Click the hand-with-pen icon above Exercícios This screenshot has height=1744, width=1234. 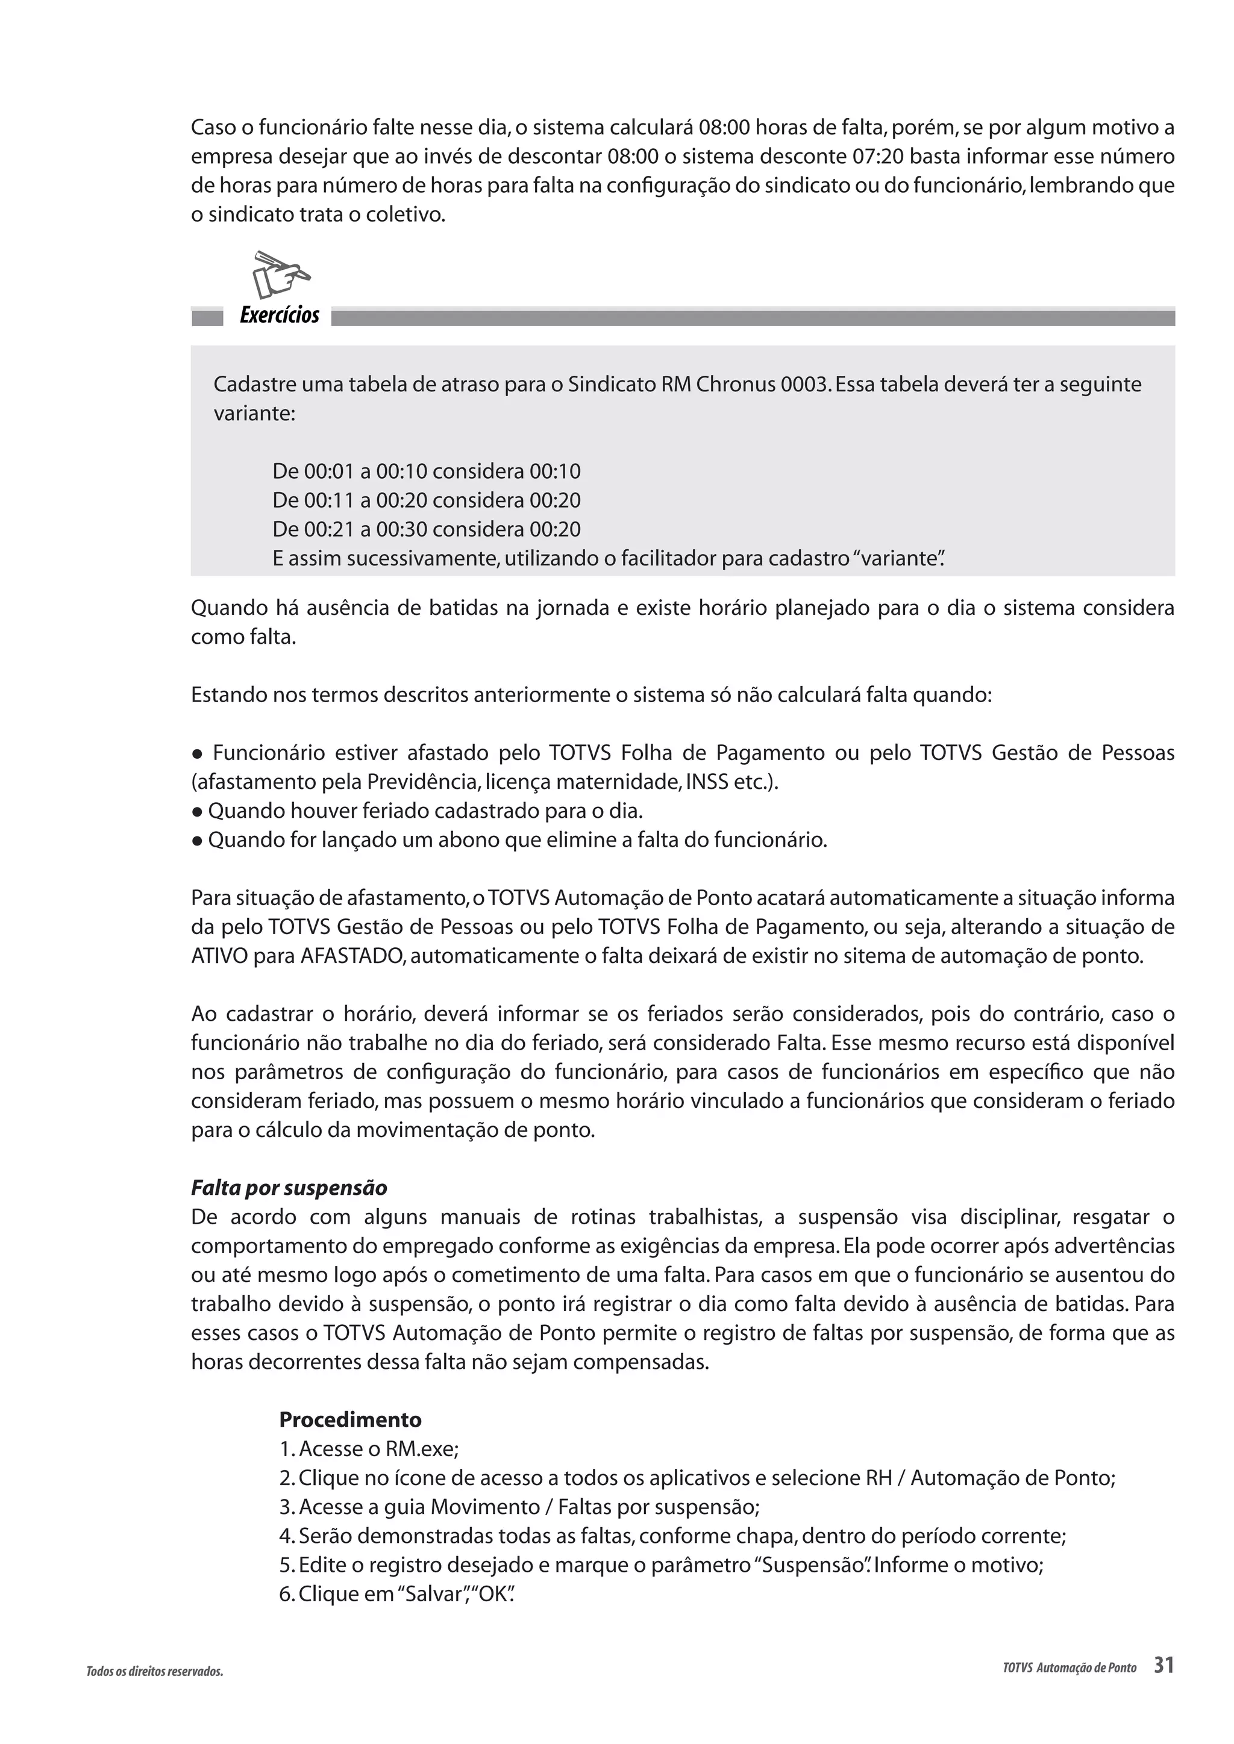tap(280, 274)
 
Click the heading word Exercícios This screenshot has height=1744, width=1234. tap(279, 315)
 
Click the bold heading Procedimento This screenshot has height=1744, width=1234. tap(349, 1419)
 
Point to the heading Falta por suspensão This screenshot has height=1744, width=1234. tap(289, 1188)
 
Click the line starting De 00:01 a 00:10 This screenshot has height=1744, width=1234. tap(425, 472)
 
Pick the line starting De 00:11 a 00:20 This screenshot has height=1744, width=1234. tap(425, 500)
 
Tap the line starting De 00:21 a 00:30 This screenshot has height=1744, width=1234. tap(425, 529)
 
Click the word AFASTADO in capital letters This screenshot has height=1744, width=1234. tap(352, 956)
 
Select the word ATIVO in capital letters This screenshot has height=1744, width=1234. tap(219, 956)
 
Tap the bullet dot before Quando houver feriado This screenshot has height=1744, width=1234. tap(197, 812)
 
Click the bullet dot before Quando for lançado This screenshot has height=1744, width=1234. tap(197, 841)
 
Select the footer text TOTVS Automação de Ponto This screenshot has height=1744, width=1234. tap(1069, 1669)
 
